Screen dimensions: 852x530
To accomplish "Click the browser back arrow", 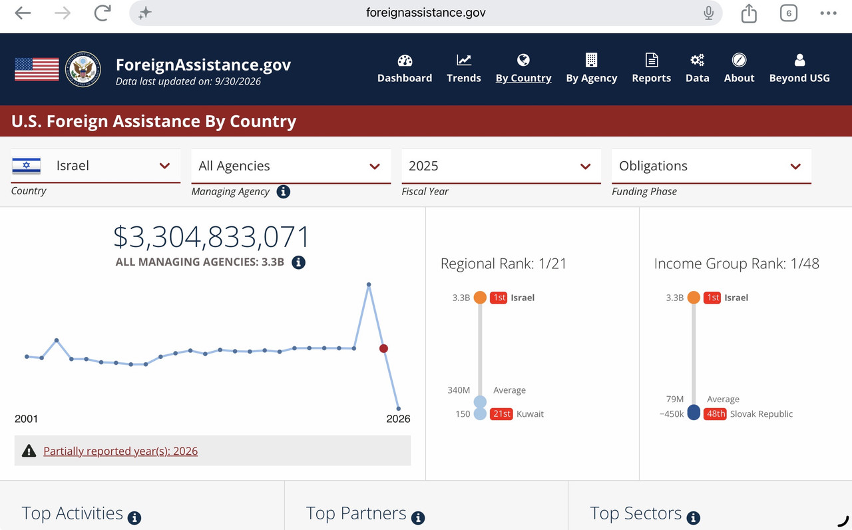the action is tap(23, 13).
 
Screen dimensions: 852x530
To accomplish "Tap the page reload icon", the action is tap(103, 13).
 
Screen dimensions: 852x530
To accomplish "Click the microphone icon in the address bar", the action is tap(708, 13).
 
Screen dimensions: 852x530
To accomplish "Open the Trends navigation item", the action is tap(464, 69).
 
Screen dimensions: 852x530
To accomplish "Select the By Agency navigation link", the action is tap(592, 69).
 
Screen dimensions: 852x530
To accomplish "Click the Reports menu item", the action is tap(652, 69).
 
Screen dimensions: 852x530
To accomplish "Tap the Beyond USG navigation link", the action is tap(799, 69).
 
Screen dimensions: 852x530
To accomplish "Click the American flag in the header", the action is tap(37, 69).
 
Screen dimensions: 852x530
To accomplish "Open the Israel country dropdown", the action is tap(95, 166).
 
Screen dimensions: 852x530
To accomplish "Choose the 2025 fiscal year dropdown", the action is tap(501, 166).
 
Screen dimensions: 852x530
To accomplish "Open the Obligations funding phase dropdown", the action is tap(712, 166).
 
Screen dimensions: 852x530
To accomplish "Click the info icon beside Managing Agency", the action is tap(283, 191).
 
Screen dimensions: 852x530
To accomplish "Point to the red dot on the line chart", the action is tap(383, 348).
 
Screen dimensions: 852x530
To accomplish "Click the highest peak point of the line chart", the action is tap(369, 284).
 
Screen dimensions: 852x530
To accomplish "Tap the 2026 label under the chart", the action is tap(398, 419).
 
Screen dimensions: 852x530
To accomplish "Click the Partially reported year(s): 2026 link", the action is tap(120, 451).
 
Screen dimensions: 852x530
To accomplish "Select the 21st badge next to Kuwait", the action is tap(501, 413).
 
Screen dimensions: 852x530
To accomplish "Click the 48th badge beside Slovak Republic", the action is tap(715, 413).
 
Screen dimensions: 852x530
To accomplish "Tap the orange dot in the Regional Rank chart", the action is tap(480, 297).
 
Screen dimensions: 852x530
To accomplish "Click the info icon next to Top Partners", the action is tap(418, 517).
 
